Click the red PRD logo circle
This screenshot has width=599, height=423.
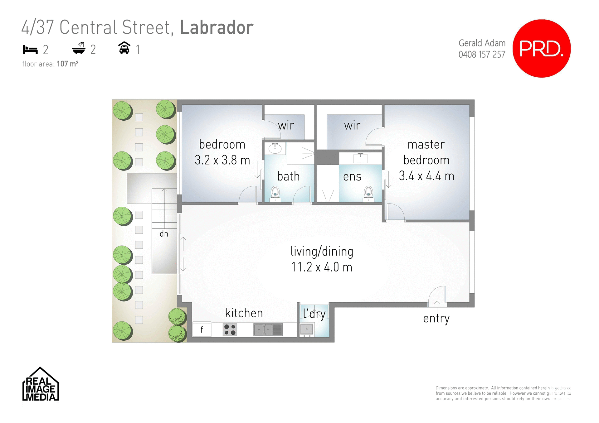(542, 49)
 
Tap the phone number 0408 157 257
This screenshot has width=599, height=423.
(482, 55)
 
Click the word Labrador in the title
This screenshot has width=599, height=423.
(217, 27)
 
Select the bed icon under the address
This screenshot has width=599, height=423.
(30, 50)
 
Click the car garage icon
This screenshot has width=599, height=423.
(124, 48)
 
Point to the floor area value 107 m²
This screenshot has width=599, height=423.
(67, 64)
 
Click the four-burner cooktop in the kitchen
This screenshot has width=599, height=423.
(230, 329)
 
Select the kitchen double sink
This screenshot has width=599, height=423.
(268, 329)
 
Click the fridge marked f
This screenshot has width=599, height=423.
(202, 329)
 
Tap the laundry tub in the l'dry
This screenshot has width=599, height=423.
(307, 329)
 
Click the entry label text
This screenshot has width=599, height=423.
(436, 319)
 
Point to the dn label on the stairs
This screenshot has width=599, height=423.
(164, 234)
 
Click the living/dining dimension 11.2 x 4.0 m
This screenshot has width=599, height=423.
(322, 267)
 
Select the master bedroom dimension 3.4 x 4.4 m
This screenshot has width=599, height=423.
(426, 176)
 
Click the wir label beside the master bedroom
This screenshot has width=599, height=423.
(352, 126)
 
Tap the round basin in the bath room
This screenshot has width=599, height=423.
(275, 148)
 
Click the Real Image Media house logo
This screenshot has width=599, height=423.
(41, 385)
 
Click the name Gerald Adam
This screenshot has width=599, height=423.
(482, 43)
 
